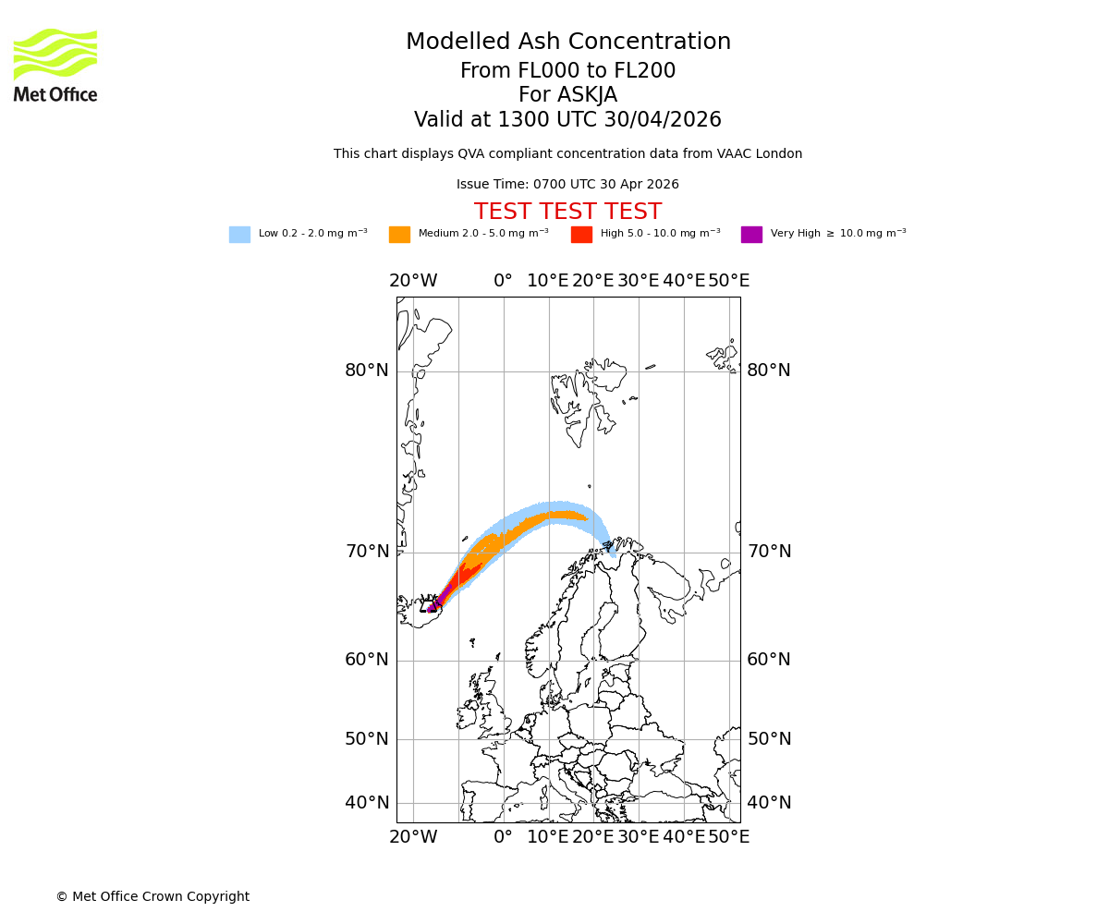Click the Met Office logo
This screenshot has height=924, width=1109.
point(55,65)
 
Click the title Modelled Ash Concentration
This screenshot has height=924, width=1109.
point(567,42)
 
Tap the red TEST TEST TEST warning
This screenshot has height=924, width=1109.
point(567,213)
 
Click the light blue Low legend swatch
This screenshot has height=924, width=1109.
point(239,235)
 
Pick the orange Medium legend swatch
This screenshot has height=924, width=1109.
point(399,235)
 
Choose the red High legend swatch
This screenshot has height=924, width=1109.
point(581,235)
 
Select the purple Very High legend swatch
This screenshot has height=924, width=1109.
point(751,235)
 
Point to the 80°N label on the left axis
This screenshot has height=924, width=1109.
point(367,371)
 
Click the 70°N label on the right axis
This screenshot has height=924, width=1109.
point(769,552)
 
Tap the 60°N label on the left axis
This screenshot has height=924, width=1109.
point(367,660)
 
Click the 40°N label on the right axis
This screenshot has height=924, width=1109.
point(769,803)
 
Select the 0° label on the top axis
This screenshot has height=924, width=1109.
point(503,281)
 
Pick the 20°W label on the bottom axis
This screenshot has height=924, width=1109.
point(413,837)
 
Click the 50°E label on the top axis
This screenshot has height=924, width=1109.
point(728,281)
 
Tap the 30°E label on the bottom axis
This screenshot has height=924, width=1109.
point(639,837)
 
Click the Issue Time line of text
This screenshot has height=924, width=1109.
point(567,185)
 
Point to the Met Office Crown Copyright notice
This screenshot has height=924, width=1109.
point(152,896)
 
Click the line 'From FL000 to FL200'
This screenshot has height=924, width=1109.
point(567,71)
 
